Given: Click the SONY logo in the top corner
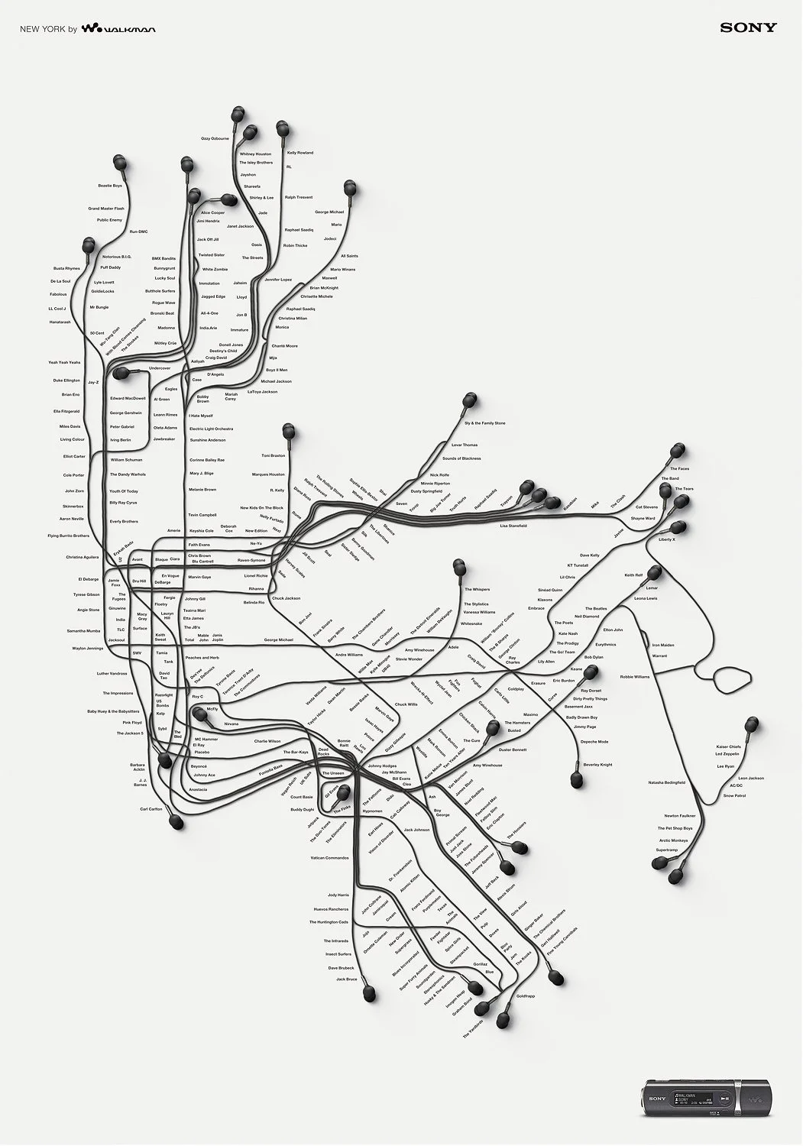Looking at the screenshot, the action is pos(748,28).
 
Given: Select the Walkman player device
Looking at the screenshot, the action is pos(691,1099).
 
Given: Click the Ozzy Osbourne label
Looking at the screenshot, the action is pos(215,138).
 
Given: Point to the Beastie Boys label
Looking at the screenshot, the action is pos(110,186).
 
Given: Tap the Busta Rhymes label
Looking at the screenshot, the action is pos(66,268).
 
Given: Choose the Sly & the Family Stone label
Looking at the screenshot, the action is pos(484,422).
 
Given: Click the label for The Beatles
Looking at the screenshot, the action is pos(596,608).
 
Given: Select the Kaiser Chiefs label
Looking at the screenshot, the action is pos(728,746).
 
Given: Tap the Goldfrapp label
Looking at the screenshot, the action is pos(526,996).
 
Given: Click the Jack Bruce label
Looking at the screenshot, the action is pos(346,979).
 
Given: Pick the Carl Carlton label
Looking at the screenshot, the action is pos(151,808).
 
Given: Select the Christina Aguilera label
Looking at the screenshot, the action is pos(83,557).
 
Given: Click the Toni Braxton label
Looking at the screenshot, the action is pos(273,455).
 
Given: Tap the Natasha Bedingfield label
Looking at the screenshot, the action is pos(666,782).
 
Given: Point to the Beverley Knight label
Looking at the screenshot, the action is pos(597,764).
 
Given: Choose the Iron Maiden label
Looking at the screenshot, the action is pos(662,645).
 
